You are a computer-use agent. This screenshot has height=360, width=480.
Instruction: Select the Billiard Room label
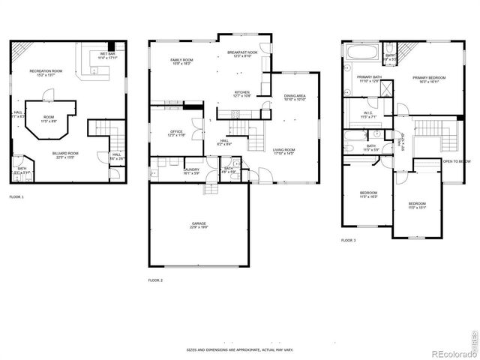coord(66,154)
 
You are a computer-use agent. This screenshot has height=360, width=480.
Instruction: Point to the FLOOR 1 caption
coord(16,197)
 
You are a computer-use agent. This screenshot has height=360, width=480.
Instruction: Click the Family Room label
coord(182,61)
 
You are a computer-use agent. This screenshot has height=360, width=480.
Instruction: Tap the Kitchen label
coord(241,93)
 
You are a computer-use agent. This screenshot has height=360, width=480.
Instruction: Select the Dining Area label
coord(294,97)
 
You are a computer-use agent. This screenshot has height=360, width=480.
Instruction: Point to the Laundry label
coord(190,170)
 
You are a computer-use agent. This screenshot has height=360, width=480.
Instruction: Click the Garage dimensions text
coord(198,227)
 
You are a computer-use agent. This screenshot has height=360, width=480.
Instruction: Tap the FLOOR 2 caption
coord(155,280)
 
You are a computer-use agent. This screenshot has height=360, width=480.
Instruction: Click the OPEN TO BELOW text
coord(456,161)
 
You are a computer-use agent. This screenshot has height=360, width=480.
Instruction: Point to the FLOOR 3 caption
coord(349,241)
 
